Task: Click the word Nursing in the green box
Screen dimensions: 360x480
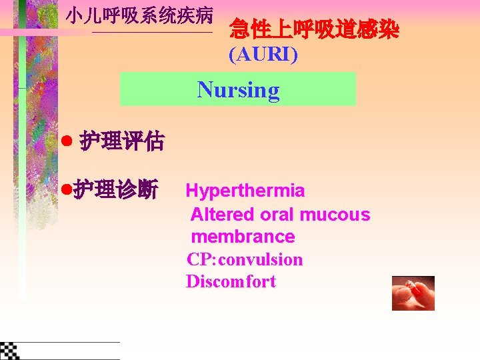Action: coord(238,89)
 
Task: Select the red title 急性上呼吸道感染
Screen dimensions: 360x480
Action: coord(313,29)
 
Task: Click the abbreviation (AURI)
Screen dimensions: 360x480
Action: coord(263,55)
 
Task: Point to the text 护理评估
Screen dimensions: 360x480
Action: coord(121,141)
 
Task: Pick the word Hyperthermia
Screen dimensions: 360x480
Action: coord(245,191)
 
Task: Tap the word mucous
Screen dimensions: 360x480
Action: coord(335,214)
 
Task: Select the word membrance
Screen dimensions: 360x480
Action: coord(243,237)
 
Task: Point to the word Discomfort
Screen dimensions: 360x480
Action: coord(231,281)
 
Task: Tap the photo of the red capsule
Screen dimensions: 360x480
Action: coord(413,293)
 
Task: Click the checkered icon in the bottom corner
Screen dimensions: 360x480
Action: coord(9,350)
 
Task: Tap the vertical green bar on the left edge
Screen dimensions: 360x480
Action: coord(22,153)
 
